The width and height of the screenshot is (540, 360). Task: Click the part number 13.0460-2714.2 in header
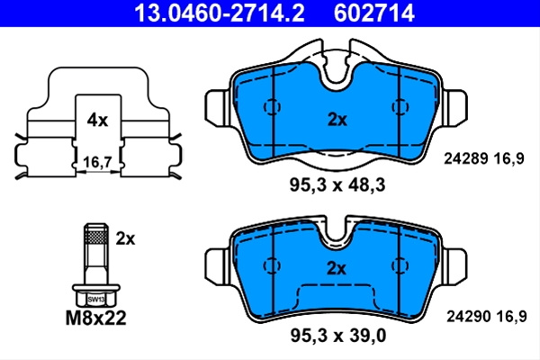[x=220, y=13]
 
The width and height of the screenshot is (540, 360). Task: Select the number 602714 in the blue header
[x=373, y=13]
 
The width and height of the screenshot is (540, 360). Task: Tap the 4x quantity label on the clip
[x=97, y=121]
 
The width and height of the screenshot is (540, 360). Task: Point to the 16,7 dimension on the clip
[x=98, y=162]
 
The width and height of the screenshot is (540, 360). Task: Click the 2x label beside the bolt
[x=125, y=238]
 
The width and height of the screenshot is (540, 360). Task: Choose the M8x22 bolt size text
[x=95, y=319]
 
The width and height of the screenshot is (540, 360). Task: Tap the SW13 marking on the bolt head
[x=95, y=300]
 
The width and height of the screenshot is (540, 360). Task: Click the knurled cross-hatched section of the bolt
[x=96, y=237]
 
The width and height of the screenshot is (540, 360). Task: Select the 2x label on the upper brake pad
[x=337, y=120]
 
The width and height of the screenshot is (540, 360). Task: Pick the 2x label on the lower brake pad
[x=336, y=268]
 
